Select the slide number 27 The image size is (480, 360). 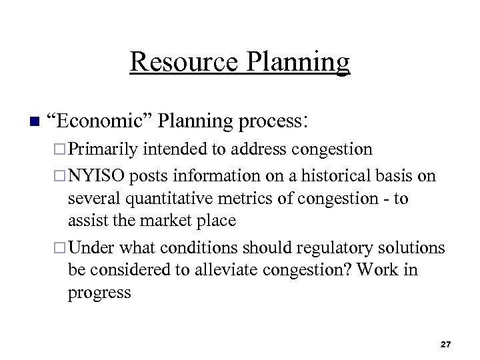point(446,344)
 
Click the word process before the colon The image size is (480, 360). point(269,121)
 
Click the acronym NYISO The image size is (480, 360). point(98,176)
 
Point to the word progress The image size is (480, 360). point(99,293)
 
